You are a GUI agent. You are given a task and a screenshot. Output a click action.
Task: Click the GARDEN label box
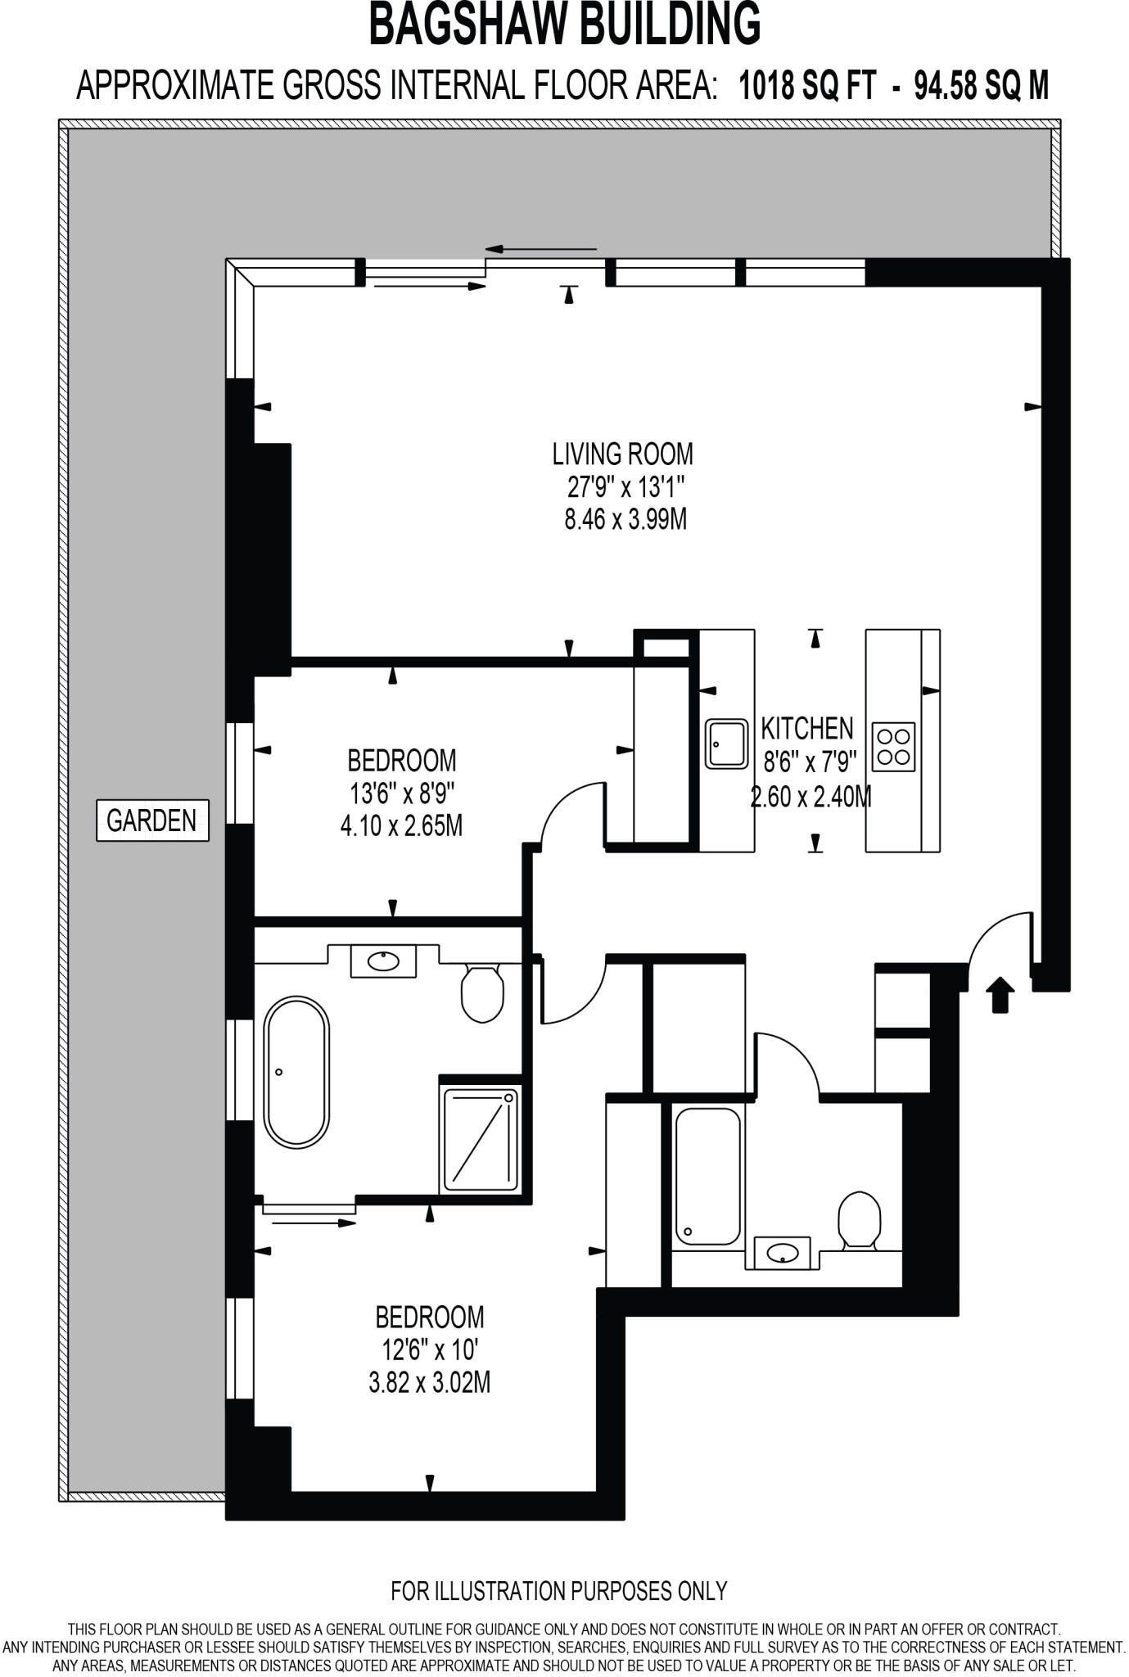click(x=152, y=820)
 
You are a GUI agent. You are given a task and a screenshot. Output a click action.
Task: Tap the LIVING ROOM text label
click(x=622, y=453)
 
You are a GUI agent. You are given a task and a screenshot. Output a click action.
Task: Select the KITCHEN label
click(x=806, y=728)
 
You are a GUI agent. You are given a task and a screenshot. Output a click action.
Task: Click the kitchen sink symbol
click(x=726, y=744)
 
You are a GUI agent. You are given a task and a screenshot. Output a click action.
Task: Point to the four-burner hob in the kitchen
click(x=893, y=746)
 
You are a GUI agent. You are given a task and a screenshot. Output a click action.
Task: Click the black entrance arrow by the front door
click(x=999, y=995)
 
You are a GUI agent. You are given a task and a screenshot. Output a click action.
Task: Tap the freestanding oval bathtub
click(x=296, y=1070)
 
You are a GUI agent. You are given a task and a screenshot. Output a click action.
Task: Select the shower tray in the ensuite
click(x=481, y=1139)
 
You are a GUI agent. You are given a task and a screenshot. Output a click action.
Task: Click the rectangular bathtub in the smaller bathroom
click(x=707, y=1176)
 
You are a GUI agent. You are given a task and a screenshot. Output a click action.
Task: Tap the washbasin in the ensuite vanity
click(x=383, y=961)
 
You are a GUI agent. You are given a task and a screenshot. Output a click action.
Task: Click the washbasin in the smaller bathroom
click(x=781, y=1252)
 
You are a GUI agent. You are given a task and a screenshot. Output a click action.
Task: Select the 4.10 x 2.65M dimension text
click(x=401, y=826)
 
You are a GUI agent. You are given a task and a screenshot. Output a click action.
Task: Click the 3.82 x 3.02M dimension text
click(x=429, y=1383)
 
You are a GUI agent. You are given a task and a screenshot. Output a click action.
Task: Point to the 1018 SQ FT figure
click(x=807, y=85)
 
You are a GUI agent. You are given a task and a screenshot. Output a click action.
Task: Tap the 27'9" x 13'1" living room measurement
click(x=625, y=487)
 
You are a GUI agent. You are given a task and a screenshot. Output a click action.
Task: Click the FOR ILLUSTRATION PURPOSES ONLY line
click(x=558, y=1591)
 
